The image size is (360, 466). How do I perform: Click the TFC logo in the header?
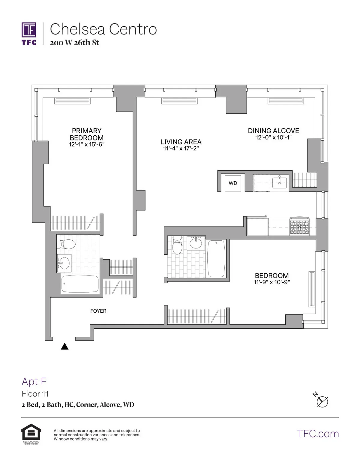(29, 33)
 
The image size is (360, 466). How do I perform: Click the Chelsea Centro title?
(103, 29)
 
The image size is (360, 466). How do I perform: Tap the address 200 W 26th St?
(74, 43)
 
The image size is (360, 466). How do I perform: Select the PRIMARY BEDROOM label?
(87, 134)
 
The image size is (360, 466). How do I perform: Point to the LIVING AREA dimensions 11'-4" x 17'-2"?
(181, 148)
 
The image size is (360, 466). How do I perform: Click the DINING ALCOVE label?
(273, 131)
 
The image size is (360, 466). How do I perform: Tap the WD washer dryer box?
(233, 183)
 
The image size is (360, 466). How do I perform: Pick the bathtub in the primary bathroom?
(80, 284)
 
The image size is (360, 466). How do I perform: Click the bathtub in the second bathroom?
(216, 259)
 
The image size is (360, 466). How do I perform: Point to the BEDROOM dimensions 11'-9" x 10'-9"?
(272, 282)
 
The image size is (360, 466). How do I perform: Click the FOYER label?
(98, 311)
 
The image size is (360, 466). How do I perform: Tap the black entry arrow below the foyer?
(64, 346)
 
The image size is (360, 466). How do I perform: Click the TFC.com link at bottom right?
(318, 434)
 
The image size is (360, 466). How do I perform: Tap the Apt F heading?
(34, 381)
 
